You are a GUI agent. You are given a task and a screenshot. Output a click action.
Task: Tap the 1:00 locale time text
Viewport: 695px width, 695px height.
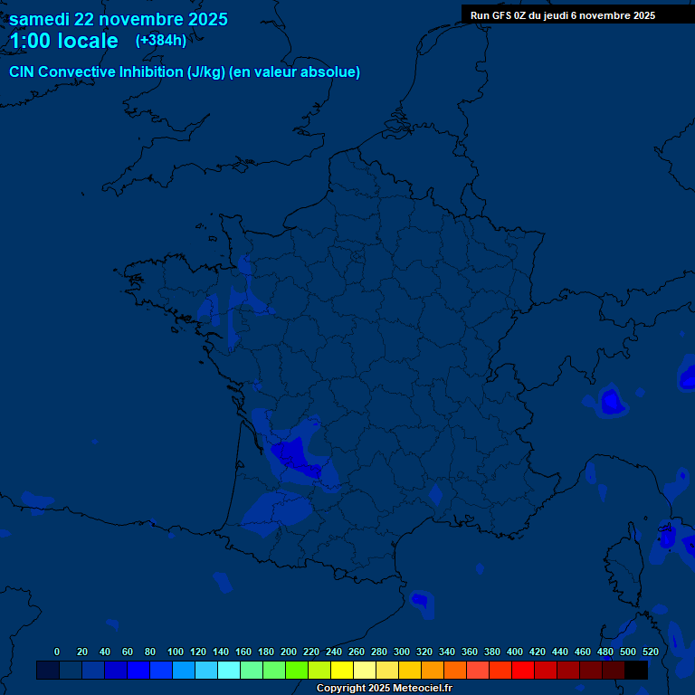click(x=63, y=41)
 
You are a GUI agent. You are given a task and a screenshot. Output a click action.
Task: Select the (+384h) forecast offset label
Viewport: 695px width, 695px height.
click(x=161, y=40)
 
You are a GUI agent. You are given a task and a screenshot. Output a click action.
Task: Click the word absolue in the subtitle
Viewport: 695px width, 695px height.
click(x=331, y=72)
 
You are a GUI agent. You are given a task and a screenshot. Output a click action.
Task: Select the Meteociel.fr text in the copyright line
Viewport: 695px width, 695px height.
click(x=423, y=689)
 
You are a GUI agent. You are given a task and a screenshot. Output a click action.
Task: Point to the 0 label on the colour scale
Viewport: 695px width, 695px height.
click(x=57, y=652)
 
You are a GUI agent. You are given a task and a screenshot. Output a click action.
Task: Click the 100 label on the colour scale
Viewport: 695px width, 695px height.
click(x=176, y=652)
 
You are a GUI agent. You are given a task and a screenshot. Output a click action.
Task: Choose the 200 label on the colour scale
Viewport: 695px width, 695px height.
click(x=289, y=652)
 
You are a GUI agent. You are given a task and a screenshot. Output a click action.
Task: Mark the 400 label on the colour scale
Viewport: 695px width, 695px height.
click(x=515, y=652)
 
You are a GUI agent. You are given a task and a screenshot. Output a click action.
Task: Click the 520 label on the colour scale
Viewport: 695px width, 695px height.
click(x=650, y=652)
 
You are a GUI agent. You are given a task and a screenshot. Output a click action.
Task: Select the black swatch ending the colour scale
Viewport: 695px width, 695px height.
click(x=636, y=671)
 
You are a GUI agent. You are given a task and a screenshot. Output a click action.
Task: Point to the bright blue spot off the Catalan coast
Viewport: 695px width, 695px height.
click(x=419, y=599)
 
